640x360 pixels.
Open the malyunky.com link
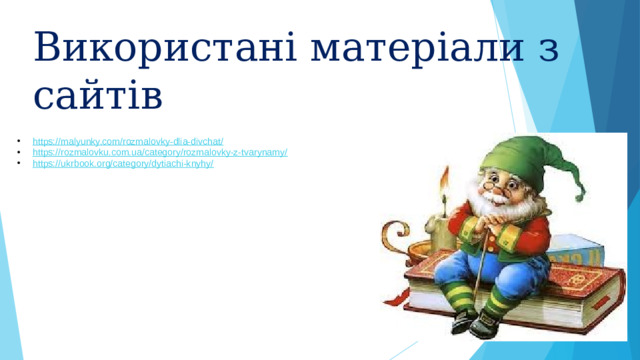(x=128, y=143)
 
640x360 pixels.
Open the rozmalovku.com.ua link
(x=160, y=153)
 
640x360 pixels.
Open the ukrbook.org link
(x=123, y=163)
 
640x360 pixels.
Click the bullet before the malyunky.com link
(x=20, y=143)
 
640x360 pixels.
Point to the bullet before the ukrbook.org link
(x=20, y=163)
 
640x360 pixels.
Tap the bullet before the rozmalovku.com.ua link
(x=20, y=153)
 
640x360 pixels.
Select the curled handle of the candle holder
(x=413, y=248)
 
